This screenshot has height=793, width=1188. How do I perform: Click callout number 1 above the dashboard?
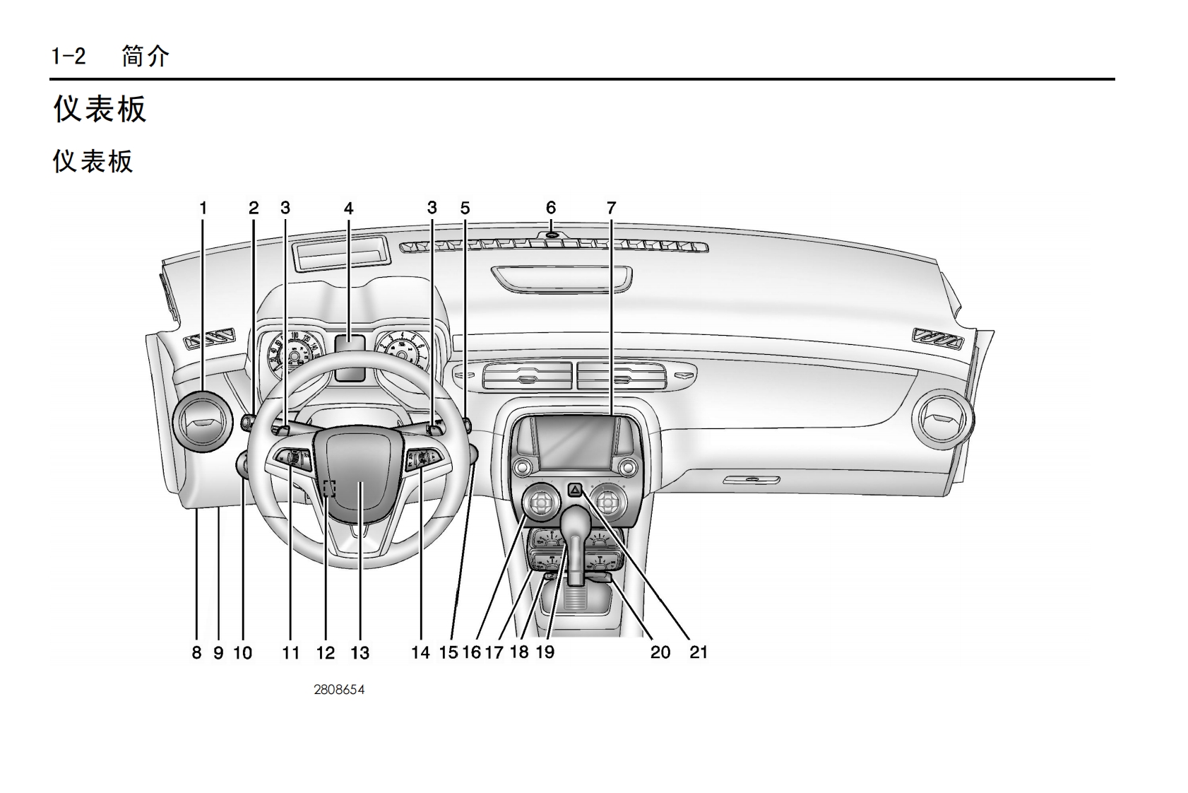[203, 208]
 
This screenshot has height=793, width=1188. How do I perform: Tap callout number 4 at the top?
[348, 208]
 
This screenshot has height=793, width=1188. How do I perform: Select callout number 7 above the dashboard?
[611, 208]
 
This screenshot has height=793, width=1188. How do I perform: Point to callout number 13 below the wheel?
[360, 652]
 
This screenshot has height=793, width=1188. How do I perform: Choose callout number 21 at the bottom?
[698, 652]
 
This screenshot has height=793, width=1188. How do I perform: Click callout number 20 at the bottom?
[660, 652]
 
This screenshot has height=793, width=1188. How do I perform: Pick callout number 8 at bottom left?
[196, 652]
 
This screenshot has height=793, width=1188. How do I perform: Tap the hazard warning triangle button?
[576, 488]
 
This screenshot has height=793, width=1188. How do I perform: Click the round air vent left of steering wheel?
[202, 421]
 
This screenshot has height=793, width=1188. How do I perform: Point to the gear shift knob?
[578, 524]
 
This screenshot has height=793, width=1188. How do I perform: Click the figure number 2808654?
[339, 690]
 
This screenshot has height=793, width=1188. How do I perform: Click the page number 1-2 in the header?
[69, 56]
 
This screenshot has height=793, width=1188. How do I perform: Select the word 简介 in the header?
[145, 56]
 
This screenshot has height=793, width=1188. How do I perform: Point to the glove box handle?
[752, 480]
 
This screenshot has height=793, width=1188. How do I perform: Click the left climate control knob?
[541, 503]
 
